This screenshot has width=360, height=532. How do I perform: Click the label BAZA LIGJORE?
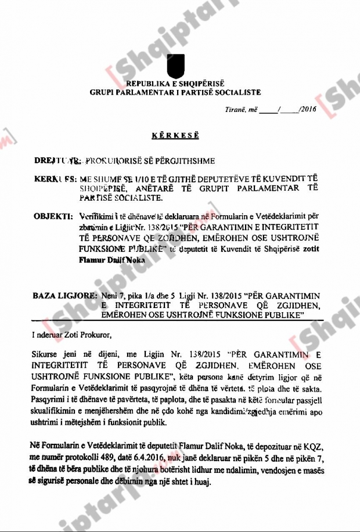66,295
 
